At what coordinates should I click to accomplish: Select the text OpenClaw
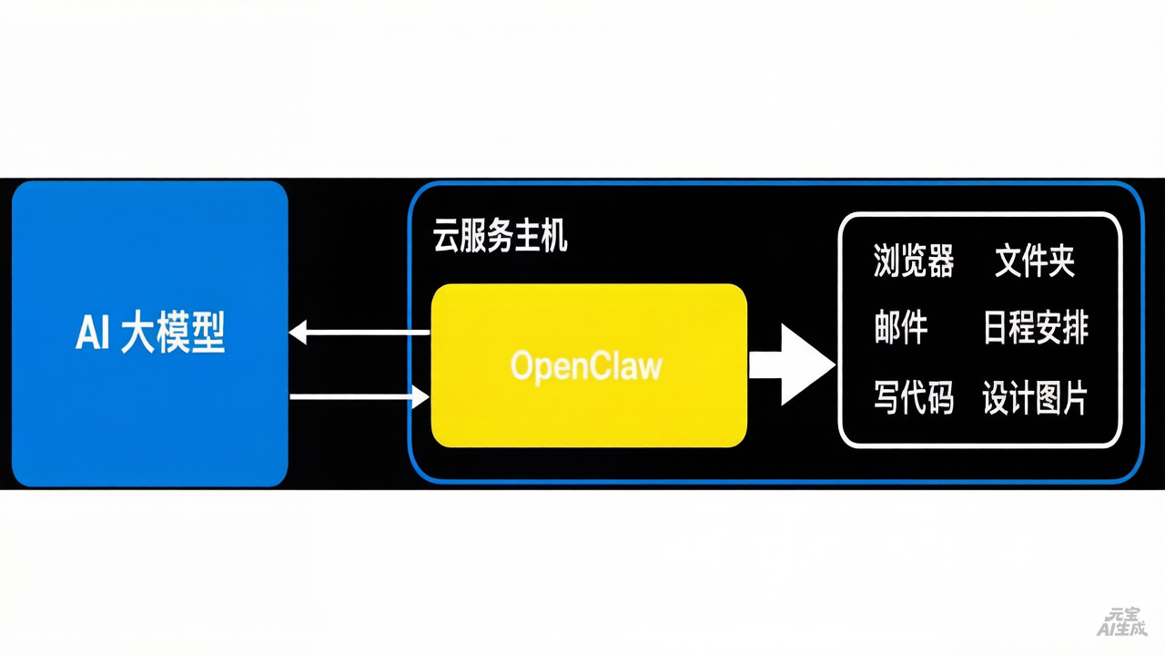click(x=586, y=366)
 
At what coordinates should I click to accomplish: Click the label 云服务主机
click(x=500, y=239)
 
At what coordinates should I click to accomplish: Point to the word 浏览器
click(x=913, y=261)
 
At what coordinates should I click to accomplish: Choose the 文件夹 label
click(x=1035, y=261)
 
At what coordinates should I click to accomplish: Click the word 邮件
click(x=900, y=328)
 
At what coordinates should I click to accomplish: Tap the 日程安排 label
click(x=1036, y=328)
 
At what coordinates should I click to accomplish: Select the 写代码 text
click(x=913, y=398)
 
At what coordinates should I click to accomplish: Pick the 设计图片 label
click(x=1036, y=398)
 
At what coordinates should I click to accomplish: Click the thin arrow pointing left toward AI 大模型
click(x=359, y=333)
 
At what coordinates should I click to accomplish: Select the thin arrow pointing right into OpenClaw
click(x=359, y=397)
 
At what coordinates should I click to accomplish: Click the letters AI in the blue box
click(x=93, y=334)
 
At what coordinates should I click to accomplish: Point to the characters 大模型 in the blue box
click(x=173, y=334)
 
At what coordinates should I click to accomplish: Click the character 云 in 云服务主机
click(x=443, y=239)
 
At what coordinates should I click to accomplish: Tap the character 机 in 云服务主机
click(x=554, y=239)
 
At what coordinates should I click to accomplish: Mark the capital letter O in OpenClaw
click(x=522, y=366)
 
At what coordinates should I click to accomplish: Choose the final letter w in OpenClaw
click(x=650, y=366)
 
